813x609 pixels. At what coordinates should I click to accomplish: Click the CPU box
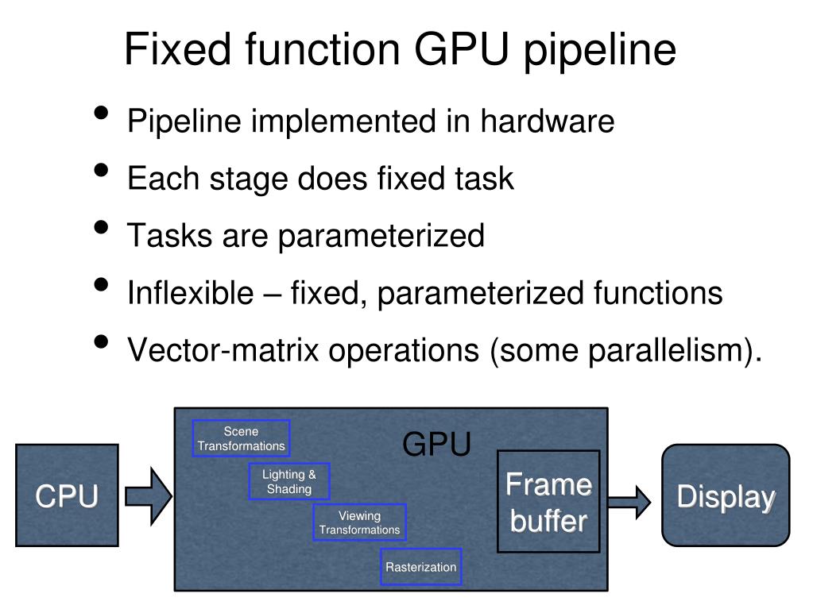click(x=67, y=495)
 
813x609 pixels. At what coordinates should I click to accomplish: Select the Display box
click(x=726, y=495)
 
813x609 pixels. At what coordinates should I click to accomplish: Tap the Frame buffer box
click(x=548, y=501)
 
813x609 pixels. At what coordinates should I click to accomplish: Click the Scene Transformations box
click(x=241, y=438)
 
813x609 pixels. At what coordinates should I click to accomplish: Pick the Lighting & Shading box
click(x=289, y=482)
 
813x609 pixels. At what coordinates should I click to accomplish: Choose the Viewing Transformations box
click(x=359, y=522)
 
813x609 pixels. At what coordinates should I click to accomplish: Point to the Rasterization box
click(x=420, y=567)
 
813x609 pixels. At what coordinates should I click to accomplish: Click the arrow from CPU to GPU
click(x=148, y=497)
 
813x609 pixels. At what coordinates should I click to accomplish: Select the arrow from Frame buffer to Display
click(x=630, y=500)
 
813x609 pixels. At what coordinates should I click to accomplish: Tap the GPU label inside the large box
click(x=436, y=445)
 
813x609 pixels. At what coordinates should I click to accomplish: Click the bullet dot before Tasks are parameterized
click(x=102, y=228)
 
